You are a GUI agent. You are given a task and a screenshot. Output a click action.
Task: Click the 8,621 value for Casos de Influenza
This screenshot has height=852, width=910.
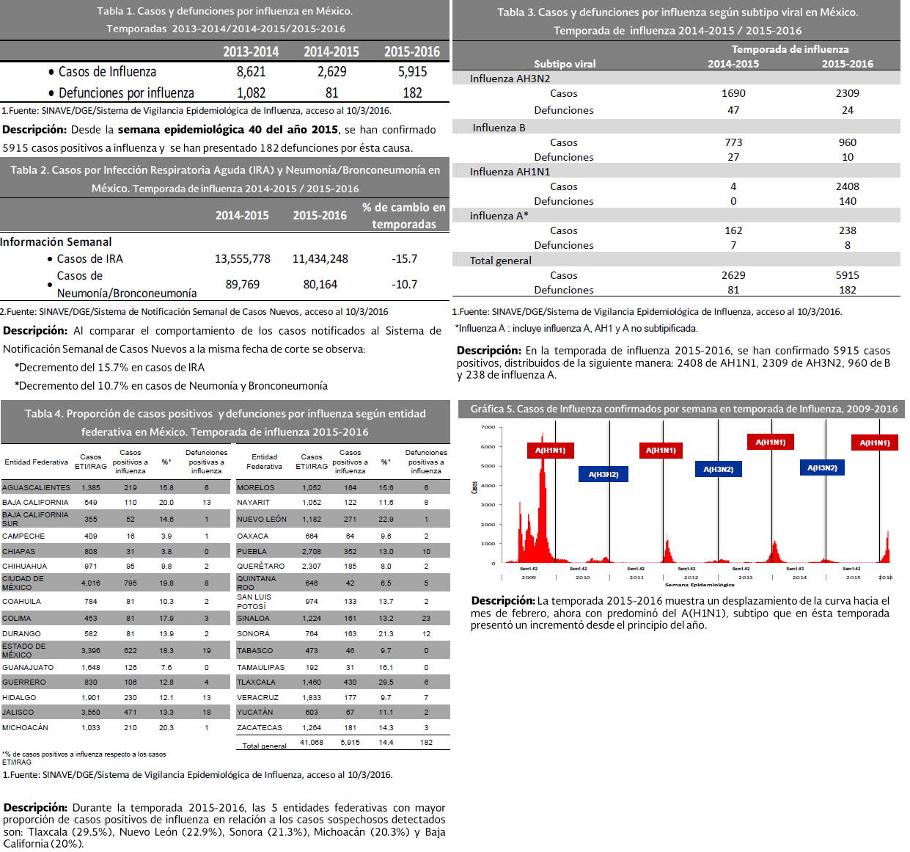(251, 71)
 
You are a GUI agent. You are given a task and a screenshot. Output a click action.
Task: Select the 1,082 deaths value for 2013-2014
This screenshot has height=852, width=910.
(251, 93)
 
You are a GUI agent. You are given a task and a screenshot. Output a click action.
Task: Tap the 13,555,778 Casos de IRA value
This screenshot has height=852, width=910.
(243, 259)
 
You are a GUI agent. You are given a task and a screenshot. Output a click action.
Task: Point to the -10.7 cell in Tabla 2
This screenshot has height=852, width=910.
(404, 285)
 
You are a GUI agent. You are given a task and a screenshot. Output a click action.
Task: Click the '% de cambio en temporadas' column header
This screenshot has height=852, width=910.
(404, 216)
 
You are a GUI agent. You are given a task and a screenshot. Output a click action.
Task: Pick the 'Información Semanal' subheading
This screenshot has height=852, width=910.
(56, 242)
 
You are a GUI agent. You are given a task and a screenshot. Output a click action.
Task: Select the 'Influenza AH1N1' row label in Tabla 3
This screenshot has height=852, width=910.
(510, 172)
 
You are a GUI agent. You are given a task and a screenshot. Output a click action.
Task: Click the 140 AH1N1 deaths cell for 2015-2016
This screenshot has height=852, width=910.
(847, 201)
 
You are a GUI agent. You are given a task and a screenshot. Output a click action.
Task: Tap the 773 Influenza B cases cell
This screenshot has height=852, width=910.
(733, 142)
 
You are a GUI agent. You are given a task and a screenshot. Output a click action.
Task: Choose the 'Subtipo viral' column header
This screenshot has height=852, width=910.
(565, 64)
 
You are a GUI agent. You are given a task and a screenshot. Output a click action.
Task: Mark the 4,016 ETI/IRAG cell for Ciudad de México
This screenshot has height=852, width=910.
(91, 583)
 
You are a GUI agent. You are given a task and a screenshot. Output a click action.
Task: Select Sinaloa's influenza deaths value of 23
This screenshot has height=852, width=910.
(426, 619)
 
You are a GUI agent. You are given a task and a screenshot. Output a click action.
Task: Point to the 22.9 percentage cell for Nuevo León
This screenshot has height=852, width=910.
(386, 520)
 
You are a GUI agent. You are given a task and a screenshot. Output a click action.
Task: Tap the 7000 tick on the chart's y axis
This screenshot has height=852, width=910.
(488, 427)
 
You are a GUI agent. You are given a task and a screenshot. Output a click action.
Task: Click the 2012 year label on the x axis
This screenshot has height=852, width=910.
(691, 578)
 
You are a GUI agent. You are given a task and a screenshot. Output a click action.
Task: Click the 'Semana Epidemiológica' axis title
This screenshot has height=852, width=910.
(700, 585)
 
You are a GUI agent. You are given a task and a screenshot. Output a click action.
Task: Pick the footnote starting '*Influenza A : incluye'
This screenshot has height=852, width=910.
(576, 329)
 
